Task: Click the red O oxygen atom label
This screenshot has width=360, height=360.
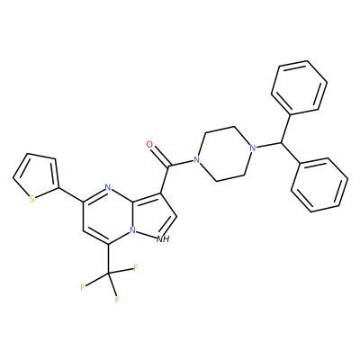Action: click(149, 144)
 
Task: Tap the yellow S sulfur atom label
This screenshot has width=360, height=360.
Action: click(31, 199)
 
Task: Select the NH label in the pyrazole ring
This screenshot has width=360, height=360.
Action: click(164, 239)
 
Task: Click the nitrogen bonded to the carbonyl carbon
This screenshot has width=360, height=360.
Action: click(196, 159)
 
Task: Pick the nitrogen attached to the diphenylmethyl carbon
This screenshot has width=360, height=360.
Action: click(253, 148)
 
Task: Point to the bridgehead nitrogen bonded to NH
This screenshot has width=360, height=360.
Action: click(132, 230)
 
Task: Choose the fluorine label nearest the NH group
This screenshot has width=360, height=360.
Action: click(136, 267)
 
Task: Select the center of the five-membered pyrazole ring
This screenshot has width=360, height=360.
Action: click(152, 215)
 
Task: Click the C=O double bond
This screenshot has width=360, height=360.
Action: click(160, 156)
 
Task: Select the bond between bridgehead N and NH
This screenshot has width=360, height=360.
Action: click(146, 235)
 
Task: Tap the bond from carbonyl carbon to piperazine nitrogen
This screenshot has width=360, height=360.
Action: click(182, 162)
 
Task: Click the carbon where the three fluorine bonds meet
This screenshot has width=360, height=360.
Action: click(108, 273)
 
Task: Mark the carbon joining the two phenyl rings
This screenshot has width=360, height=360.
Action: click(282, 141)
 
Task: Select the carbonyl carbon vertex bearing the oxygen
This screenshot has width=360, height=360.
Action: click(170, 166)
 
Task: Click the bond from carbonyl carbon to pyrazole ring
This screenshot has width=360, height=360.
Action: click(166, 179)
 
